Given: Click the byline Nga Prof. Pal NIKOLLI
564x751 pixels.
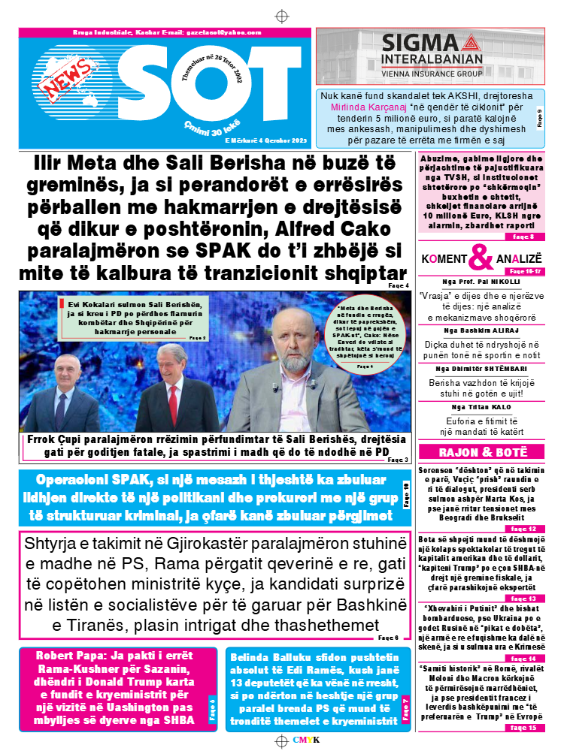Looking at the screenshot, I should [482, 282].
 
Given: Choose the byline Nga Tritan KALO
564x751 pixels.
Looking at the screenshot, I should [482, 407].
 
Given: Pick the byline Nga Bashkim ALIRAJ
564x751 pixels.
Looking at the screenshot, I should [482, 330].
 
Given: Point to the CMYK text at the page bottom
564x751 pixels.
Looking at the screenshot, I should [307, 740].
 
